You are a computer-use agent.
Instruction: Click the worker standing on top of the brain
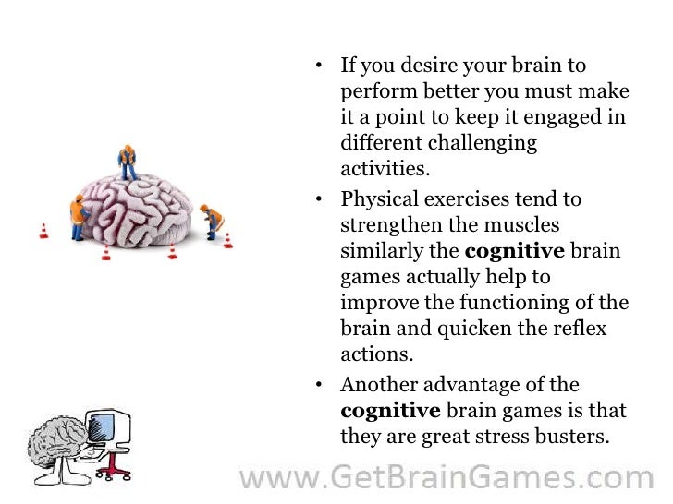point(128,162)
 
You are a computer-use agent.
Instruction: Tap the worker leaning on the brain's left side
point(77,213)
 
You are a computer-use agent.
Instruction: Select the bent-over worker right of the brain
point(214,221)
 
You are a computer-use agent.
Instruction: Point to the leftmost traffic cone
point(43,230)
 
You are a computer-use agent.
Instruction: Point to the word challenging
point(485,144)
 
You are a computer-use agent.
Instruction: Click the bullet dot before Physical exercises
point(318,199)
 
